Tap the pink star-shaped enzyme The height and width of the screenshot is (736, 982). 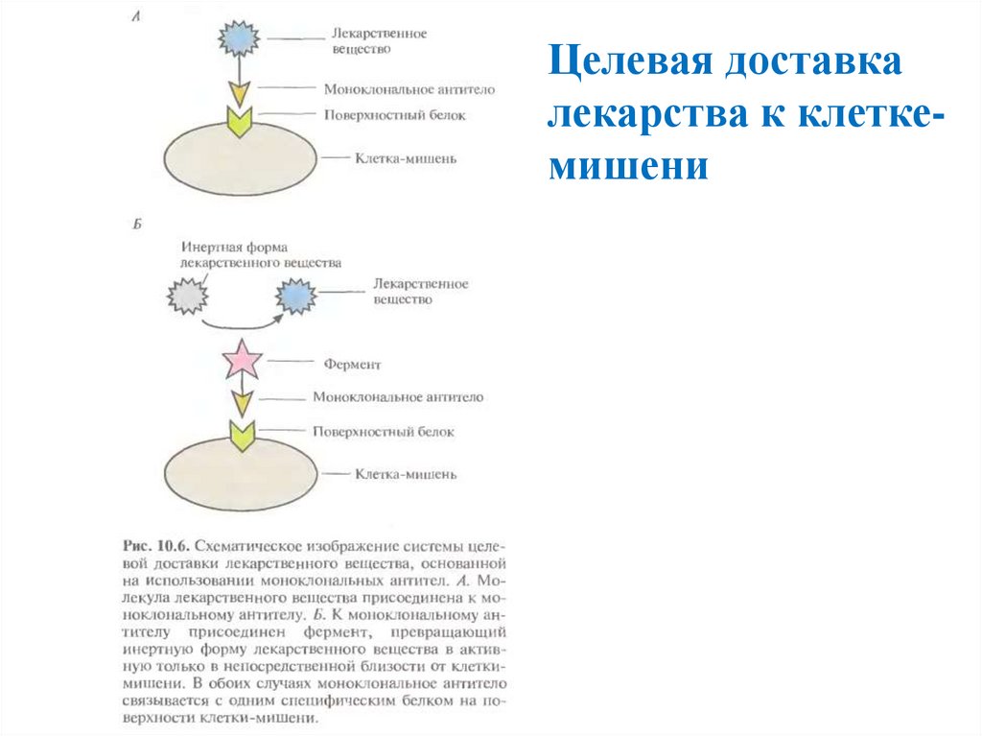point(242,362)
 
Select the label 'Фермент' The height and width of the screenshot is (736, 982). point(352,365)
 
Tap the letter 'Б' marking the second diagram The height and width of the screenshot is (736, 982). point(137,225)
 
